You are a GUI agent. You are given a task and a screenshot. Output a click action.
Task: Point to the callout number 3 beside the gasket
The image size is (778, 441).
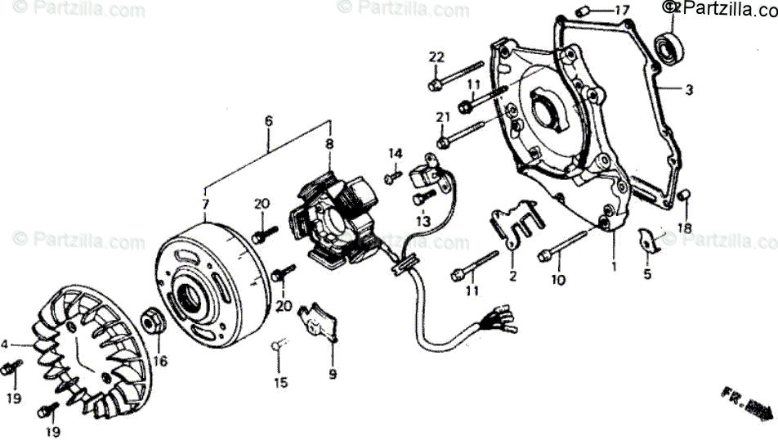pos(689,90)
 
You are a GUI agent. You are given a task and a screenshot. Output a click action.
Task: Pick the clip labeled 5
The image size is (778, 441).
pos(647,241)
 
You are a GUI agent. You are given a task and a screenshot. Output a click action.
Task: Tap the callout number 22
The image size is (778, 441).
pos(436,56)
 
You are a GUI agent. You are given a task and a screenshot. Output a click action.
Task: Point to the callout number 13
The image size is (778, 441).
pos(422,220)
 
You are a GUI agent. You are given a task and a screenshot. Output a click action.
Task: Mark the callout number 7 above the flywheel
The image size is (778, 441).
pos(205,204)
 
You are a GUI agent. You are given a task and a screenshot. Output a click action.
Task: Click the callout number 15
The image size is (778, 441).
pos(280,382)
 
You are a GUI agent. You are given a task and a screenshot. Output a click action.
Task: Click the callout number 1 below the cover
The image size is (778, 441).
pos(615,266)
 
